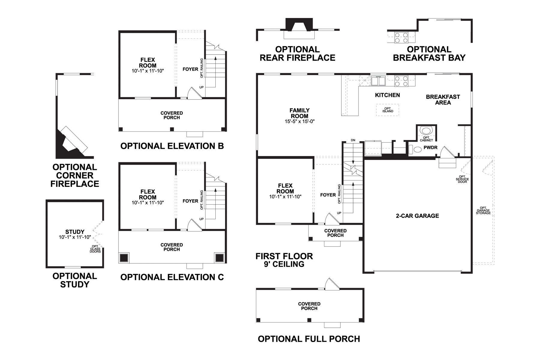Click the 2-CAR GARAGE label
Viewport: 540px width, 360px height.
(x=417, y=216)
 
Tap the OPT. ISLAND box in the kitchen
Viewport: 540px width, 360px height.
(x=388, y=110)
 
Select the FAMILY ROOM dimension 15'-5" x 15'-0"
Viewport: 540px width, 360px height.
(x=299, y=121)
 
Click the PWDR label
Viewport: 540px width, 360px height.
(x=430, y=148)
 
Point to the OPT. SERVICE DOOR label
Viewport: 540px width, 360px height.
(x=462, y=179)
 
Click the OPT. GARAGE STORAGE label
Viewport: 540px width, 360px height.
(x=483, y=210)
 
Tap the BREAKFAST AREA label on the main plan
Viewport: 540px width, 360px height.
(x=443, y=100)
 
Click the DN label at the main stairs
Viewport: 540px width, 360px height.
(x=353, y=140)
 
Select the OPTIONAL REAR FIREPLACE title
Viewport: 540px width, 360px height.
(x=297, y=53)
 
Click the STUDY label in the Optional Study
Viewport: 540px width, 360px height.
(x=75, y=232)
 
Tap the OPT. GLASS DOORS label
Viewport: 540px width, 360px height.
(x=95, y=249)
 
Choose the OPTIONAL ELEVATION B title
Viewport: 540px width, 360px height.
(x=172, y=146)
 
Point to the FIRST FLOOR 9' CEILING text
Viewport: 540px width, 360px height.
(x=284, y=260)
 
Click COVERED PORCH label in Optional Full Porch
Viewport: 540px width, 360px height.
(x=309, y=306)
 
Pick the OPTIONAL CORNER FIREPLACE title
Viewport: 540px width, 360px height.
(x=75, y=175)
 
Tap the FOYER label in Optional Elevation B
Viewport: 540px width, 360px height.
(x=190, y=69)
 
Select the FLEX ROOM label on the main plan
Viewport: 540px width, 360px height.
(x=285, y=188)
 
